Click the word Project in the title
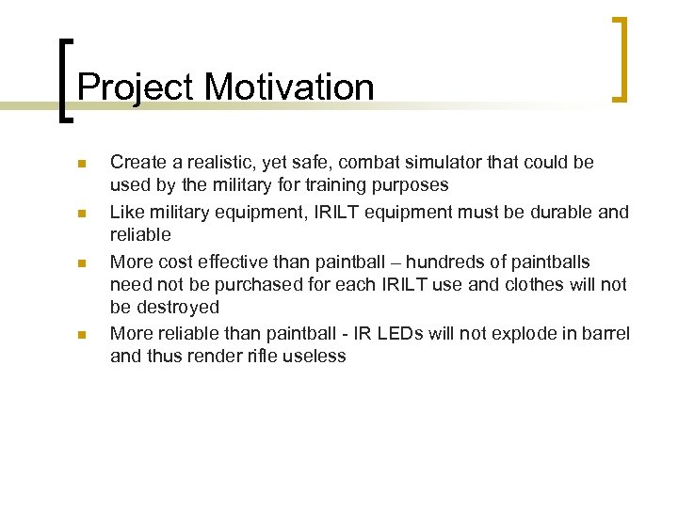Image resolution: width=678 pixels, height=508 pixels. click(x=136, y=88)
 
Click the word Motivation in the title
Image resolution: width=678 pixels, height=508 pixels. click(x=289, y=87)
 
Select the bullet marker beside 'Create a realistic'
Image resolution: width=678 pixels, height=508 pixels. click(x=82, y=165)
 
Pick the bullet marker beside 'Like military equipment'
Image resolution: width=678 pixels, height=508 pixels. click(x=82, y=214)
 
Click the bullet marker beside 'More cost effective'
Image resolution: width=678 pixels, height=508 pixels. click(x=82, y=262)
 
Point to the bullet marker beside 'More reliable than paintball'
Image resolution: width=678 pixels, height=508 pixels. click(x=82, y=334)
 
